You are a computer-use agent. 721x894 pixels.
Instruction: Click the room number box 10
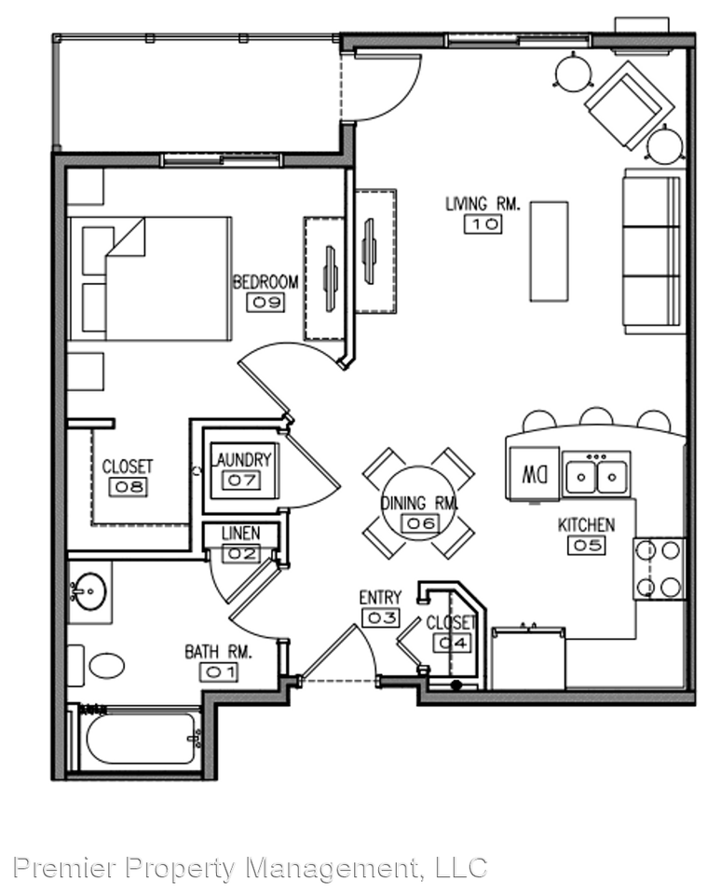(483, 224)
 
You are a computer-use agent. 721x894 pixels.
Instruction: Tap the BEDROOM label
(265, 282)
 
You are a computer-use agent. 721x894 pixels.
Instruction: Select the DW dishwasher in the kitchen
(534, 474)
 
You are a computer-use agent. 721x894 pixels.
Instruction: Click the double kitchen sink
(596, 473)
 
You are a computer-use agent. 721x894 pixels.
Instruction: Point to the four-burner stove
(659, 568)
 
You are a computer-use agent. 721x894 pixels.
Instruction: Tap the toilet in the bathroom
(96, 665)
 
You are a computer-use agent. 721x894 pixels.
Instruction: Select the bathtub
(134, 738)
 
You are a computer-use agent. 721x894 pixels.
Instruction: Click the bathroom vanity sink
(89, 591)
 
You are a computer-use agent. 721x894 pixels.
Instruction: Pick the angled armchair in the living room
(629, 105)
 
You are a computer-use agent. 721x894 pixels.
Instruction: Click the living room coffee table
(549, 251)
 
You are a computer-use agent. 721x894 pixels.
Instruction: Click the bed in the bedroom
(150, 278)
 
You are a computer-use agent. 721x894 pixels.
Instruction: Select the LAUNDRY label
(242, 459)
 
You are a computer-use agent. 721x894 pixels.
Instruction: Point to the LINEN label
(240, 533)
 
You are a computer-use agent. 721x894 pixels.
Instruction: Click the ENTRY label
(380, 598)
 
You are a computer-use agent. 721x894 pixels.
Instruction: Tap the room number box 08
(128, 486)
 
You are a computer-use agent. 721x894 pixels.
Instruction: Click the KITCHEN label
(586, 525)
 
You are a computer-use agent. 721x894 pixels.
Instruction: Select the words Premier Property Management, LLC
(251, 868)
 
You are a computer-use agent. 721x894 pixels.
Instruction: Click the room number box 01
(219, 672)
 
